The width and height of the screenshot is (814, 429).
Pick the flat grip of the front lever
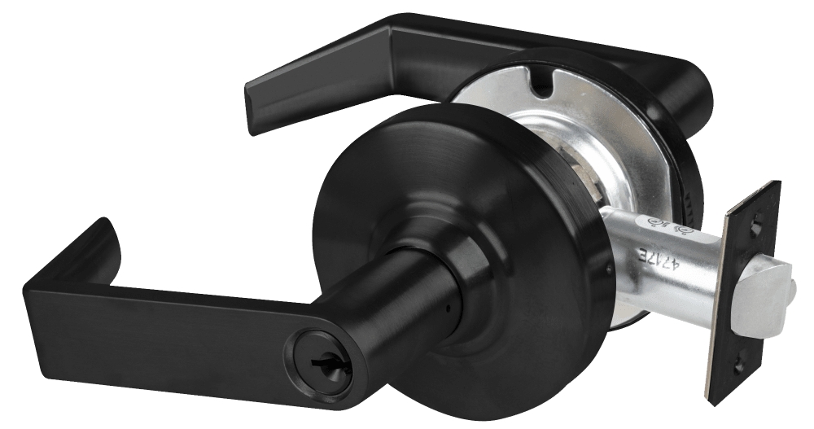pos(163,326)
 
